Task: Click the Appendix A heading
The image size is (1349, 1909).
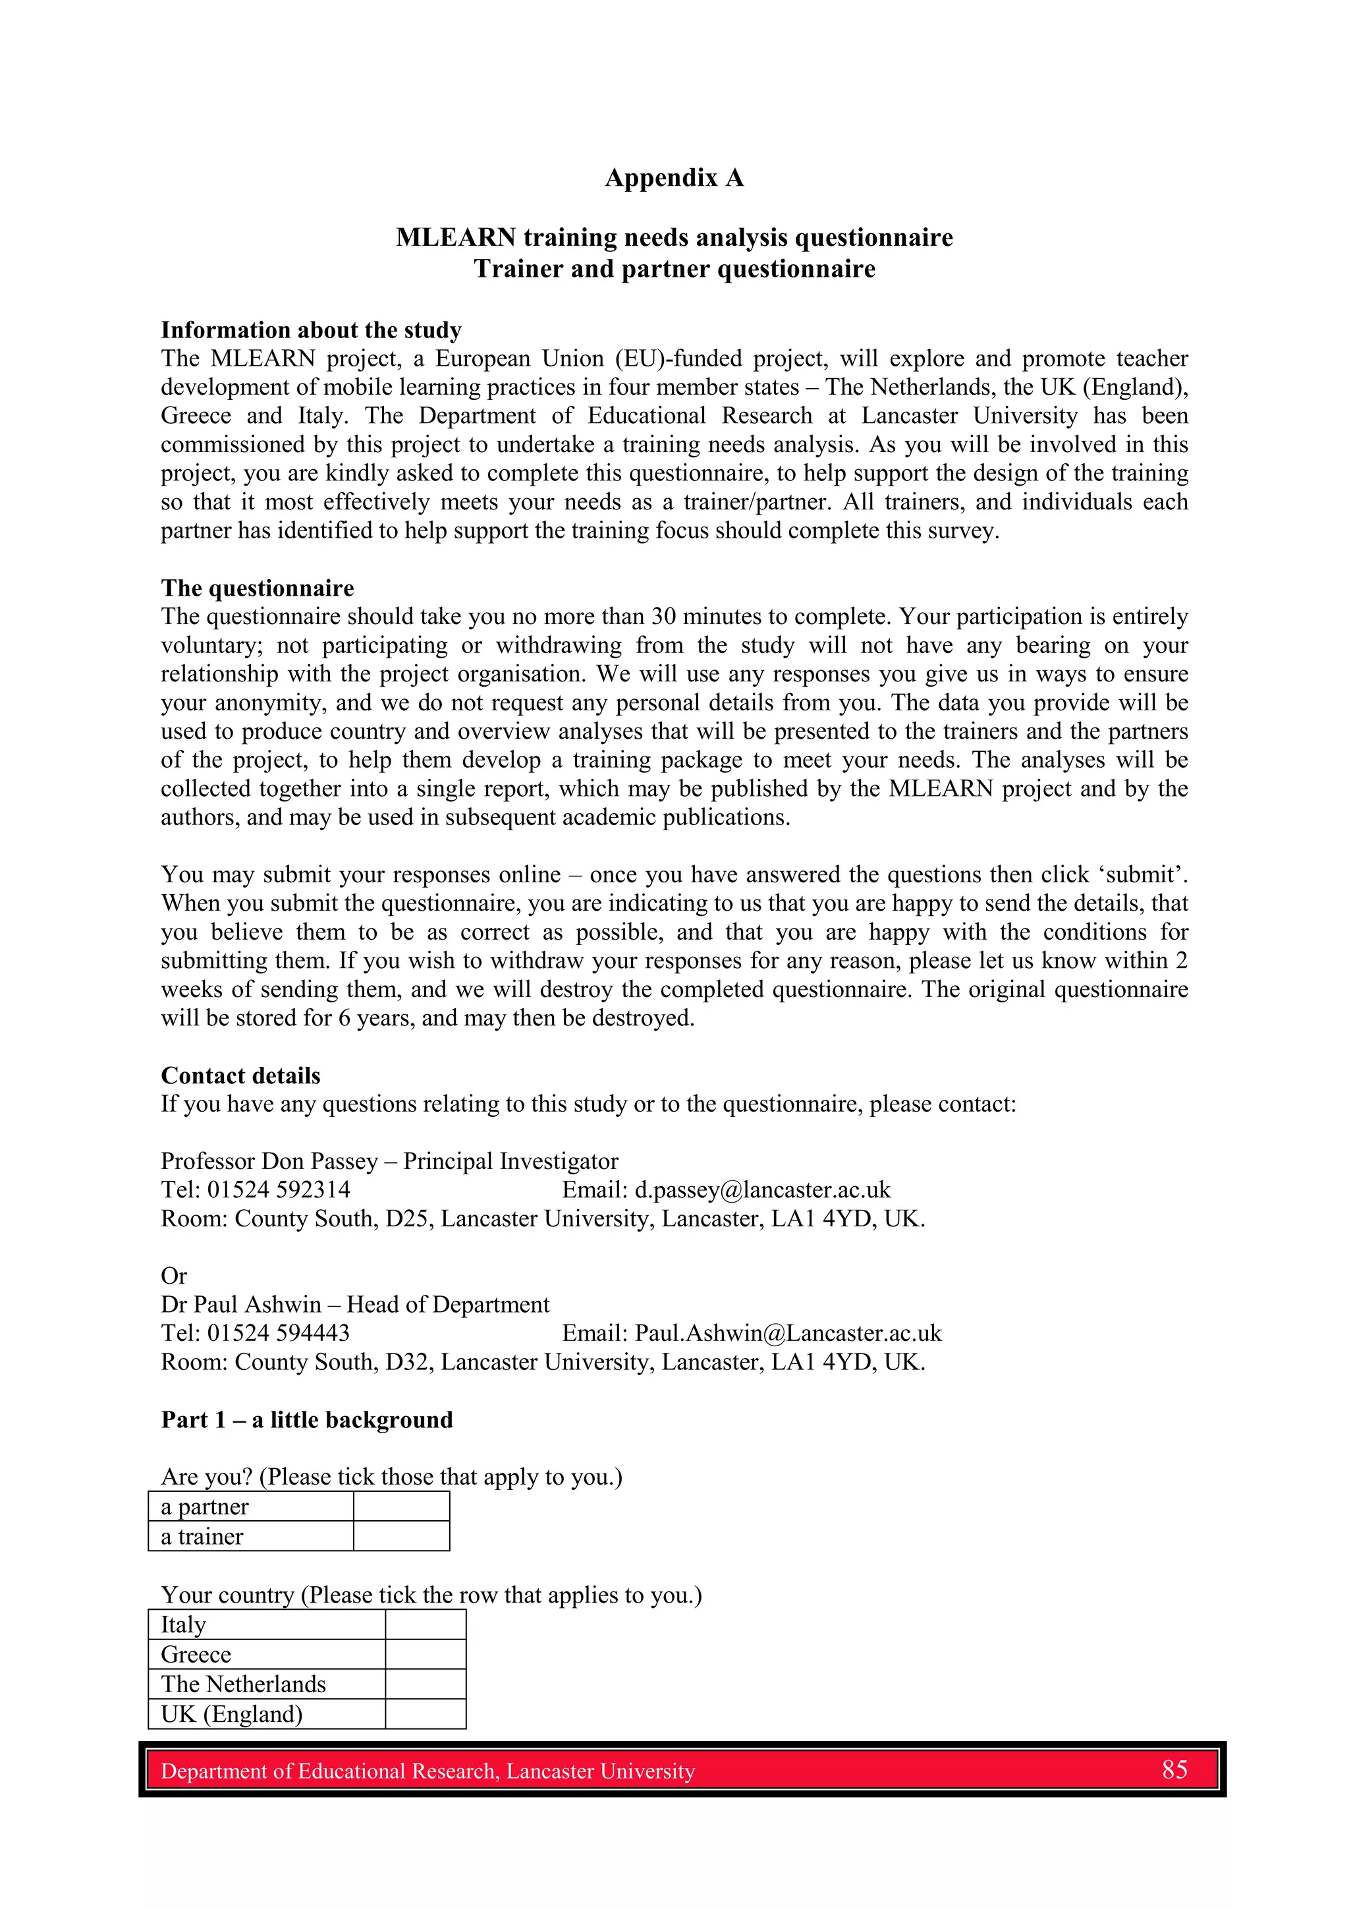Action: [x=673, y=178]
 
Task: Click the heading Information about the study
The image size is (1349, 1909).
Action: [x=311, y=330]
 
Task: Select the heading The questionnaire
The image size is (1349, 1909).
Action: [x=257, y=588]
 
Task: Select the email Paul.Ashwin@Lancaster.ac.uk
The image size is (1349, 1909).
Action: [x=787, y=1333]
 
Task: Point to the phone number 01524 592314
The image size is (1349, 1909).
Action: [x=279, y=1190]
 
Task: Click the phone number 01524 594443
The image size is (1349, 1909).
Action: [x=279, y=1333]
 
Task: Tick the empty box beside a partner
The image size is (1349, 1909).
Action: [x=401, y=1506]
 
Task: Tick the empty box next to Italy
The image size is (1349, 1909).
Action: [x=425, y=1624]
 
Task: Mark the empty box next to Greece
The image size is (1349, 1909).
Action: [x=425, y=1654]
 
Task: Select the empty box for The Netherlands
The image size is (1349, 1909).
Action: [x=425, y=1684]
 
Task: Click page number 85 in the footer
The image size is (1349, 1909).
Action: [x=1174, y=1769]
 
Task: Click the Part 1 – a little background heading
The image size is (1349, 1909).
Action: [x=307, y=1419]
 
